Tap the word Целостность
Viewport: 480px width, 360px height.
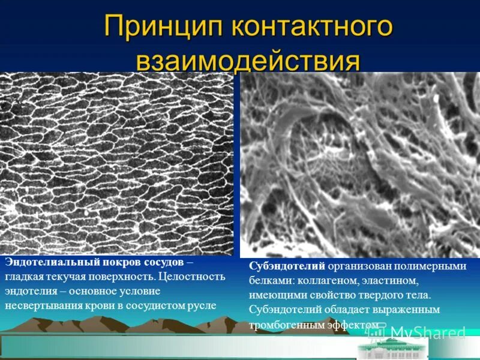193,277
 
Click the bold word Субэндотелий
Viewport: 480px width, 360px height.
287,266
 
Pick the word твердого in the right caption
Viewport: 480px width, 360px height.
376,295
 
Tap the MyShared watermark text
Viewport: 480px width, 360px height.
428,332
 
